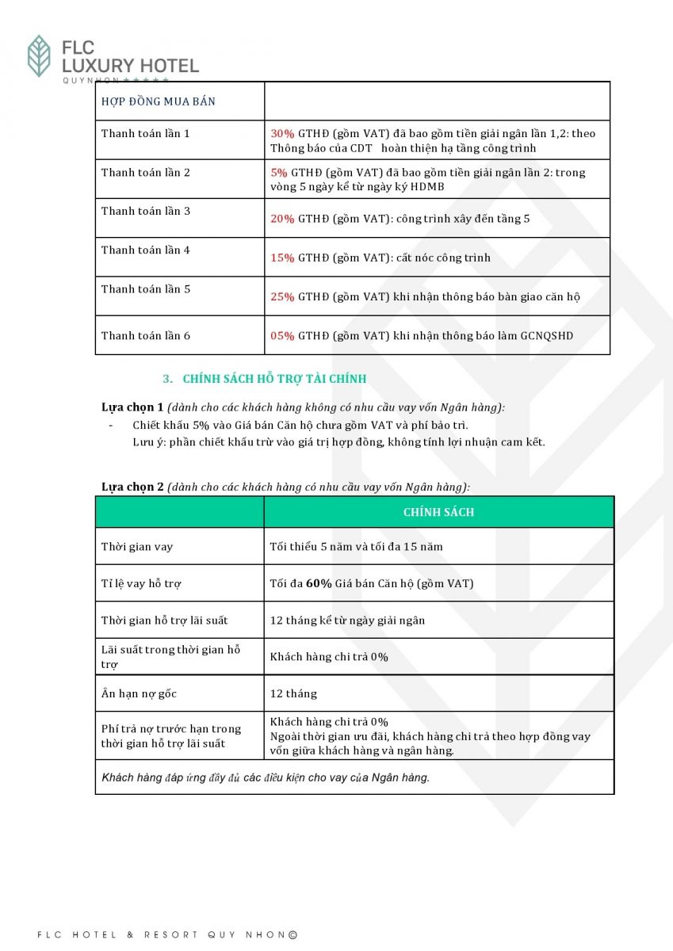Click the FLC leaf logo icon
tap(39, 55)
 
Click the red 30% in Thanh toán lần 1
tap(282, 134)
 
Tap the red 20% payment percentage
tap(282, 219)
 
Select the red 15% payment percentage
tap(282, 258)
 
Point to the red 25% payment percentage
tap(282, 296)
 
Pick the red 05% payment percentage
tap(282, 335)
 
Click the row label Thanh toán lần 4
tap(146, 250)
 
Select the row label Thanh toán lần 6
tap(146, 335)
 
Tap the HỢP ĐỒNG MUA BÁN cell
tap(159, 101)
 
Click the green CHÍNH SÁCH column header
tap(438, 512)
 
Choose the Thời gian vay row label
tap(136, 547)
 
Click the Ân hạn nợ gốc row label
tap(139, 693)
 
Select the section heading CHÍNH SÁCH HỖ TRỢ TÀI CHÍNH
tap(274, 379)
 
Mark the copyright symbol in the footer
tap(293, 935)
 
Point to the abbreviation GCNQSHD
tap(547, 335)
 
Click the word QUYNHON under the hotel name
tap(90, 80)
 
